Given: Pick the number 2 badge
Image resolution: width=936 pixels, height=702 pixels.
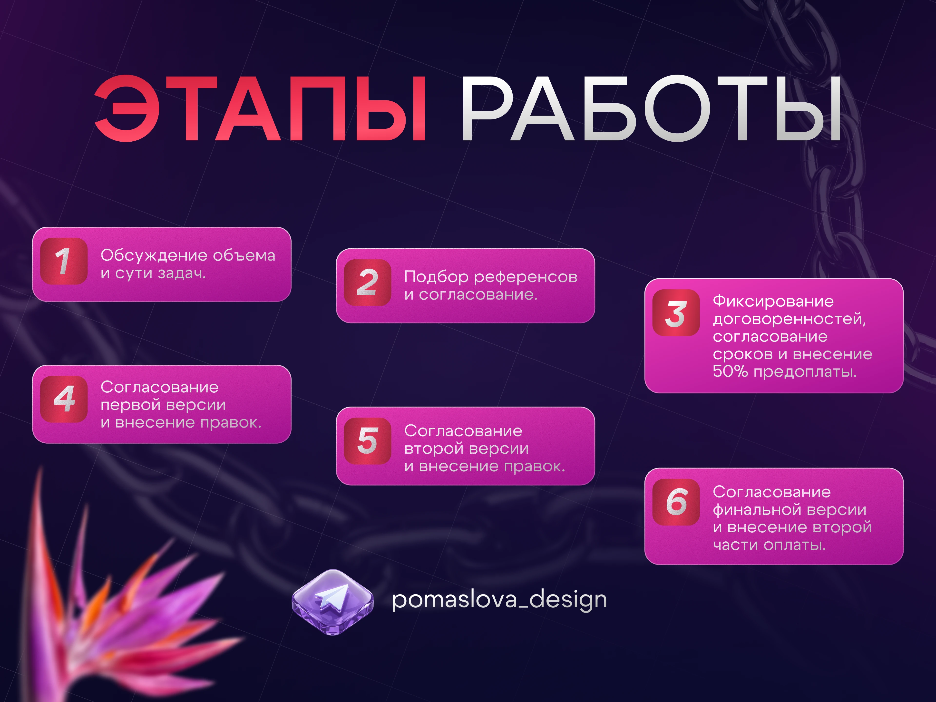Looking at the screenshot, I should point(367,282).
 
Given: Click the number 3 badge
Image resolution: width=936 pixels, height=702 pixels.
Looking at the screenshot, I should point(676,313).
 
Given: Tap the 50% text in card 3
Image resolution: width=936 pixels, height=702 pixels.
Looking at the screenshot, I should point(730,371).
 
